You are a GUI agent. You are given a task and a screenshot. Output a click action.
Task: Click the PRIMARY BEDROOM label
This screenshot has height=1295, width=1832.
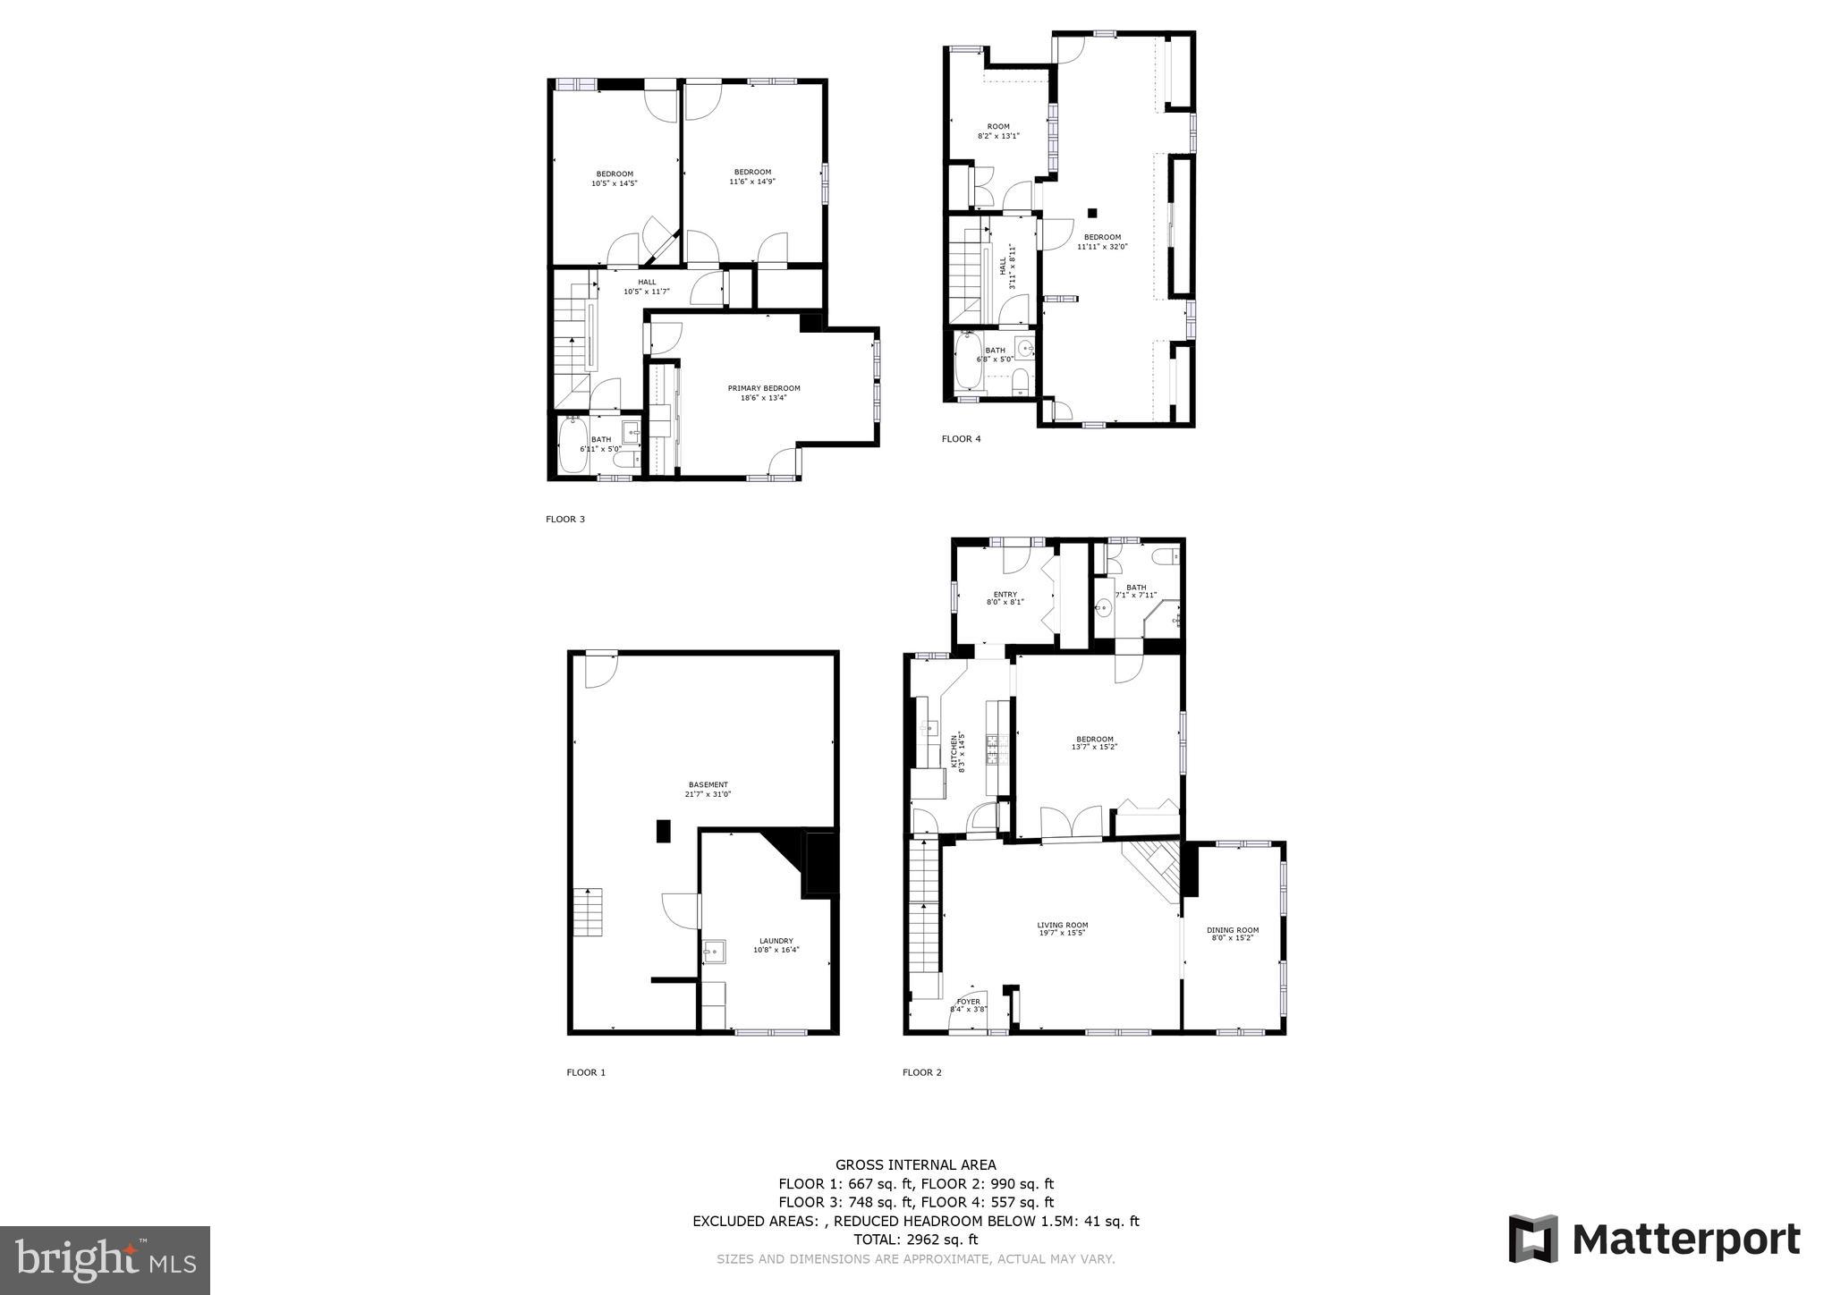[x=763, y=388]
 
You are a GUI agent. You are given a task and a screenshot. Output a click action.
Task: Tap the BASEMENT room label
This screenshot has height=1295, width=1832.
[x=708, y=784]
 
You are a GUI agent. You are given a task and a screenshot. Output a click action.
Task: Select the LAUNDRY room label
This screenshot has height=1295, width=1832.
[x=776, y=941]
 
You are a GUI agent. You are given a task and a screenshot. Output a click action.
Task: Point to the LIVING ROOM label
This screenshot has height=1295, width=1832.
[x=1062, y=926]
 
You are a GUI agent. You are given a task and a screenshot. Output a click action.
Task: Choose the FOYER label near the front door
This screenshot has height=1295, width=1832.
[x=968, y=1002]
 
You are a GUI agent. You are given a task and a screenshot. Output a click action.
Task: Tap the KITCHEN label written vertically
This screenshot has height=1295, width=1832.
[x=954, y=752]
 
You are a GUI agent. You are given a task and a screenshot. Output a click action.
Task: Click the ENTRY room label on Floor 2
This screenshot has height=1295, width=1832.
[x=1005, y=595]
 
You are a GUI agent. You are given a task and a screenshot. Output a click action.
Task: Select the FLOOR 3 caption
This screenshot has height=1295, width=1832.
[x=565, y=519]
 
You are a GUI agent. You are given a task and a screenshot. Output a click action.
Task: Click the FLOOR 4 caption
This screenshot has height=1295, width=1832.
[x=961, y=439]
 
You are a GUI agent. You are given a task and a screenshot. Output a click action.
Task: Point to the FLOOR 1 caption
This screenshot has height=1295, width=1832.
[x=586, y=1072]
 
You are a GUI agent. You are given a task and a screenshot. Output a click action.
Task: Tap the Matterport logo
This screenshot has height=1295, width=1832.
[x=1654, y=1240]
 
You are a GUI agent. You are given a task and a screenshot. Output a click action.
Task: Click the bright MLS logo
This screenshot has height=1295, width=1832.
[x=106, y=1261]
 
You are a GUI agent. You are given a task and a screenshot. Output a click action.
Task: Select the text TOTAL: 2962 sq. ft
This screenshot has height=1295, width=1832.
[x=915, y=1240]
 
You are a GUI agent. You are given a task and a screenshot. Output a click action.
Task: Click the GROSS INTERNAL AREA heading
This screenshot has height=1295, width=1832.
[x=915, y=1164]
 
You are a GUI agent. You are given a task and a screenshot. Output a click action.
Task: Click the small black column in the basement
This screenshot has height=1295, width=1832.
[x=664, y=831]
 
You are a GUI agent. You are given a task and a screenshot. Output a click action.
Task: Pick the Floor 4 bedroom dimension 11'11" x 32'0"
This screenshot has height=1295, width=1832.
[x=1102, y=246]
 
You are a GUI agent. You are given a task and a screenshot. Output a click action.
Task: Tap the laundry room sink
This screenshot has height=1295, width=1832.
[x=714, y=950]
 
